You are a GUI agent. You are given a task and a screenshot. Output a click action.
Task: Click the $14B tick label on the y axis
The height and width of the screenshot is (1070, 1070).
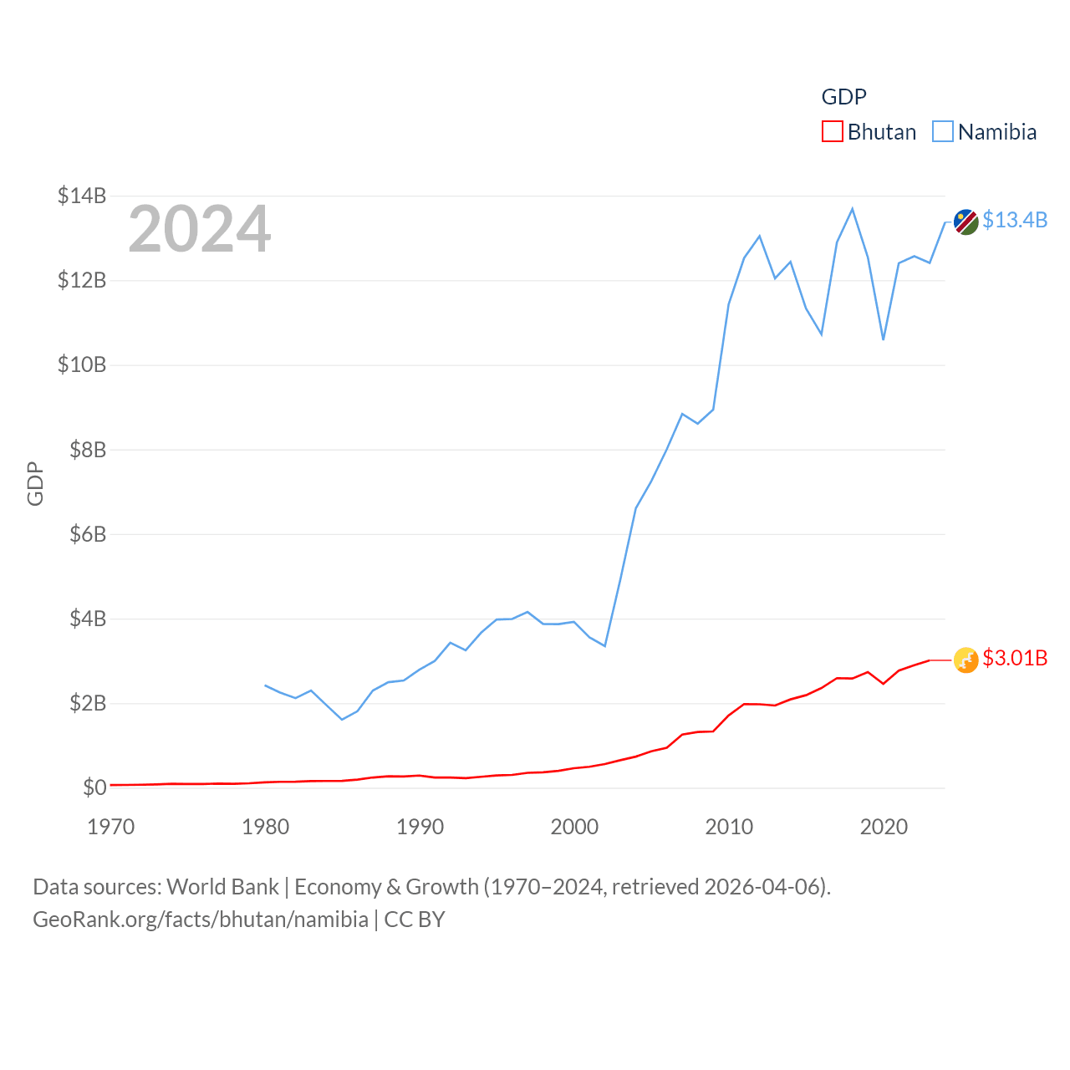[x=82, y=196]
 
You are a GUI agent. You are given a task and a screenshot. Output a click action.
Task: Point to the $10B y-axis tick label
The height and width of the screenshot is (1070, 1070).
[x=82, y=364]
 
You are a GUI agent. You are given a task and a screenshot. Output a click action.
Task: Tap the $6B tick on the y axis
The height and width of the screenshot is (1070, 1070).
[x=88, y=534]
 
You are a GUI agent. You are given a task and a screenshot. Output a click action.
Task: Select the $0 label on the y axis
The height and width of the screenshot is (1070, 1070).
[x=94, y=787]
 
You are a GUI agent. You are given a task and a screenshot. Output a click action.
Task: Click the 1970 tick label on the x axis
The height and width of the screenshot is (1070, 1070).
[x=110, y=827]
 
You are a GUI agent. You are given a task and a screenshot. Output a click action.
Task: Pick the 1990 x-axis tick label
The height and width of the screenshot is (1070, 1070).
[x=420, y=827]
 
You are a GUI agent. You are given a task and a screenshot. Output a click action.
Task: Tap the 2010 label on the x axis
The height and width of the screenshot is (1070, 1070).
[x=729, y=827]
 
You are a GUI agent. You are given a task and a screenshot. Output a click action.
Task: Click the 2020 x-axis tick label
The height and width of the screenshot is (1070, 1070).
[x=884, y=827]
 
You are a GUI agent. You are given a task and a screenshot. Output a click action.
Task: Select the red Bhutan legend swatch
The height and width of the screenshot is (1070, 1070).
[x=833, y=131]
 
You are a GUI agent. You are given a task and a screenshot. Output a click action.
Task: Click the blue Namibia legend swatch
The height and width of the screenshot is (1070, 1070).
[x=943, y=131]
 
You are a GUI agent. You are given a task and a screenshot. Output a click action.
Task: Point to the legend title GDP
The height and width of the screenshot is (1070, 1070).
[x=844, y=97]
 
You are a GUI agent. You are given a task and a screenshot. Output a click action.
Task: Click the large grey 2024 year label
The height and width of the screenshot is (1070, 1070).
[x=199, y=228]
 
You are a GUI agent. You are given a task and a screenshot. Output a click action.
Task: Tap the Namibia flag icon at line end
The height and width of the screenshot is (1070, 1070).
[x=966, y=222]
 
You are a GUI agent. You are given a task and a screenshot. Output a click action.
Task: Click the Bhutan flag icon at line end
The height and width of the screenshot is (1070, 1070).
[x=966, y=660]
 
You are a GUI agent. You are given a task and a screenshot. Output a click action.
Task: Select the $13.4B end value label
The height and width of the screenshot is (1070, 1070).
[x=1015, y=220]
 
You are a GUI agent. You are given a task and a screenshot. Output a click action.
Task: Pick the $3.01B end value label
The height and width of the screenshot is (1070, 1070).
[x=1015, y=658]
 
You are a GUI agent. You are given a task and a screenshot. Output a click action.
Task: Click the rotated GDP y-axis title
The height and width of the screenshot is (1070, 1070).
[x=35, y=483]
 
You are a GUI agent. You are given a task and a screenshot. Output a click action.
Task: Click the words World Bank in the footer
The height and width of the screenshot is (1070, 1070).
[x=222, y=886]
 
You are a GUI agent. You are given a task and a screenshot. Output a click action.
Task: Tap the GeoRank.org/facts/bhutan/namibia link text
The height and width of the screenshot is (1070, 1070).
[x=201, y=920]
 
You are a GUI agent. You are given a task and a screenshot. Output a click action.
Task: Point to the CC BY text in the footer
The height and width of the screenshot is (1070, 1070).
[x=415, y=920]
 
